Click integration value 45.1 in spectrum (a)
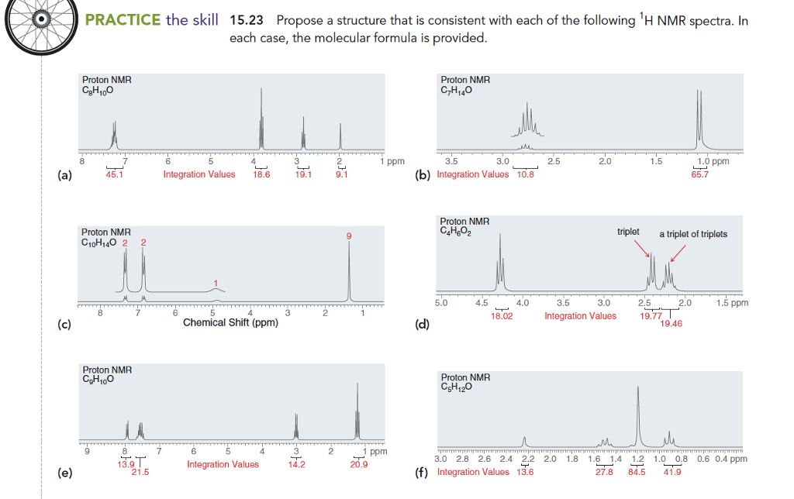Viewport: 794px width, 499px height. (114, 175)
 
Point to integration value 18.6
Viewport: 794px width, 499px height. (262, 175)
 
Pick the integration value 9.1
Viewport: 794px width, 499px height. (341, 175)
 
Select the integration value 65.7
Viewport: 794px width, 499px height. (700, 175)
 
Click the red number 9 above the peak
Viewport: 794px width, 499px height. (349, 236)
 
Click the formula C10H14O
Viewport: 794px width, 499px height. (103, 242)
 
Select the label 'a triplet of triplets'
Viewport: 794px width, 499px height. (693, 233)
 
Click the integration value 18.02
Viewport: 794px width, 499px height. (502, 316)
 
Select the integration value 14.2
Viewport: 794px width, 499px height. (296, 465)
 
